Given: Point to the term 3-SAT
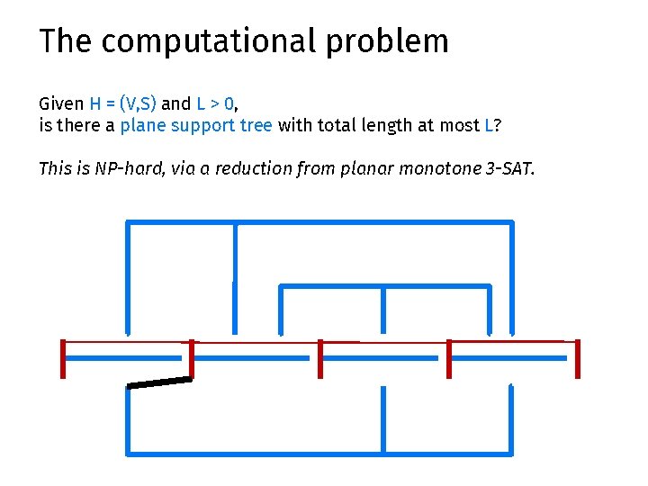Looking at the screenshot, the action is point(509,168).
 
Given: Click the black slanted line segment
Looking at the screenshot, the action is point(159,383).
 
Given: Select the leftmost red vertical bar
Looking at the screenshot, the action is point(63,358).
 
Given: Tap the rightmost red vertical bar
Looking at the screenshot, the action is point(577,358).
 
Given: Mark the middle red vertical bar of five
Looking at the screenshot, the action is point(320,358).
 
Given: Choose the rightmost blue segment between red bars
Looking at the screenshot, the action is point(510,358).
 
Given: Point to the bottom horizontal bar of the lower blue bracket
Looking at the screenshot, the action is point(319,451).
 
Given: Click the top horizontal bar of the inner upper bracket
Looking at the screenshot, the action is point(385,286).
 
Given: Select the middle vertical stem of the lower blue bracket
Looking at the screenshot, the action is point(383,418).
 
